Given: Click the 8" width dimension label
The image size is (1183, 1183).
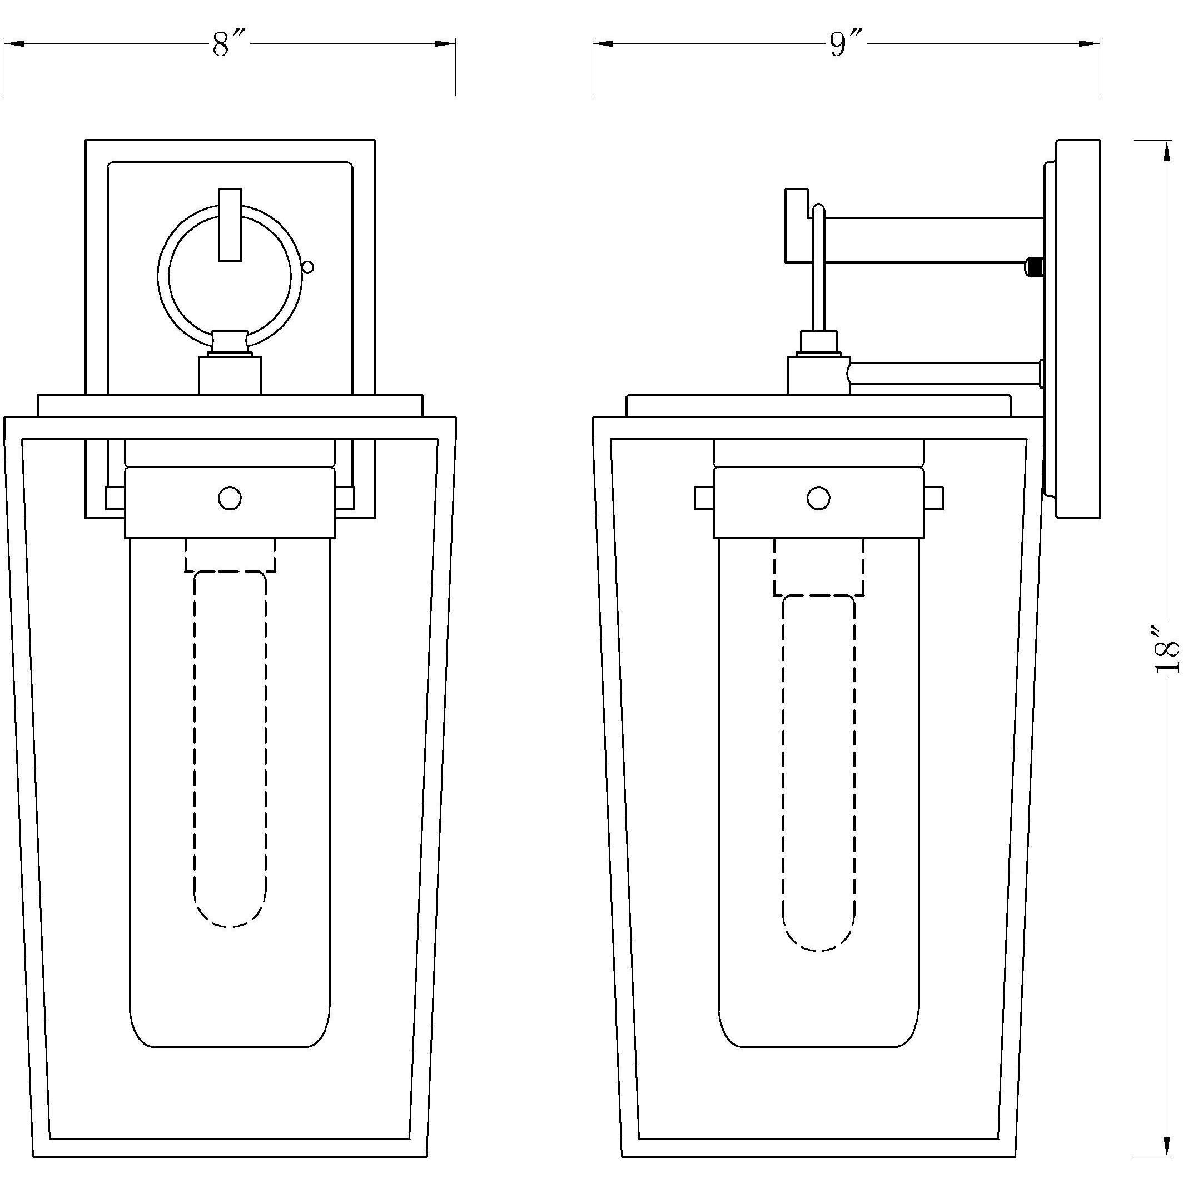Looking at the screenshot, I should [x=228, y=44].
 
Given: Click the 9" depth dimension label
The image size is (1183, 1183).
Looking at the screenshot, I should [x=846, y=44].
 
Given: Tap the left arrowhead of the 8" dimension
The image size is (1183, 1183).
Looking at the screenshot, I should [x=13, y=43].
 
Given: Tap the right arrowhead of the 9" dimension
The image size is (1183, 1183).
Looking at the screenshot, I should [x=1090, y=43].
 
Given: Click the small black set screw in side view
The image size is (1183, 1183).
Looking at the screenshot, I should [x=1034, y=267].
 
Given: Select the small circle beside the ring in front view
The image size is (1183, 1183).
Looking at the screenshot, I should [x=308, y=267].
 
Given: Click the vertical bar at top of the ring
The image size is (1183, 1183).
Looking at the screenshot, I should [x=230, y=225].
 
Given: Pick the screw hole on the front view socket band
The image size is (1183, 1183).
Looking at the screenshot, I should [x=230, y=499].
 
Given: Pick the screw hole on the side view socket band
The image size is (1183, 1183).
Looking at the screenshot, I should [x=819, y=499].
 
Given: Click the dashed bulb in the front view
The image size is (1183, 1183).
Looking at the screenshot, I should [x=230, y=747].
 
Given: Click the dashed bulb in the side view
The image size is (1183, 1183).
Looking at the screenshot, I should [x=819, y=772].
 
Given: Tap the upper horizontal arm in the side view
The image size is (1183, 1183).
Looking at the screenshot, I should [x=931, y=240].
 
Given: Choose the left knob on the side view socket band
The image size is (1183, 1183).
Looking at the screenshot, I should [x=704, y=499].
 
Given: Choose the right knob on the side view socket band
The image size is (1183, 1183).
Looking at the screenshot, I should [x=934, y=499].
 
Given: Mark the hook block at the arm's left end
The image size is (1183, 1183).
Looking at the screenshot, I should [x=796, y=225].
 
